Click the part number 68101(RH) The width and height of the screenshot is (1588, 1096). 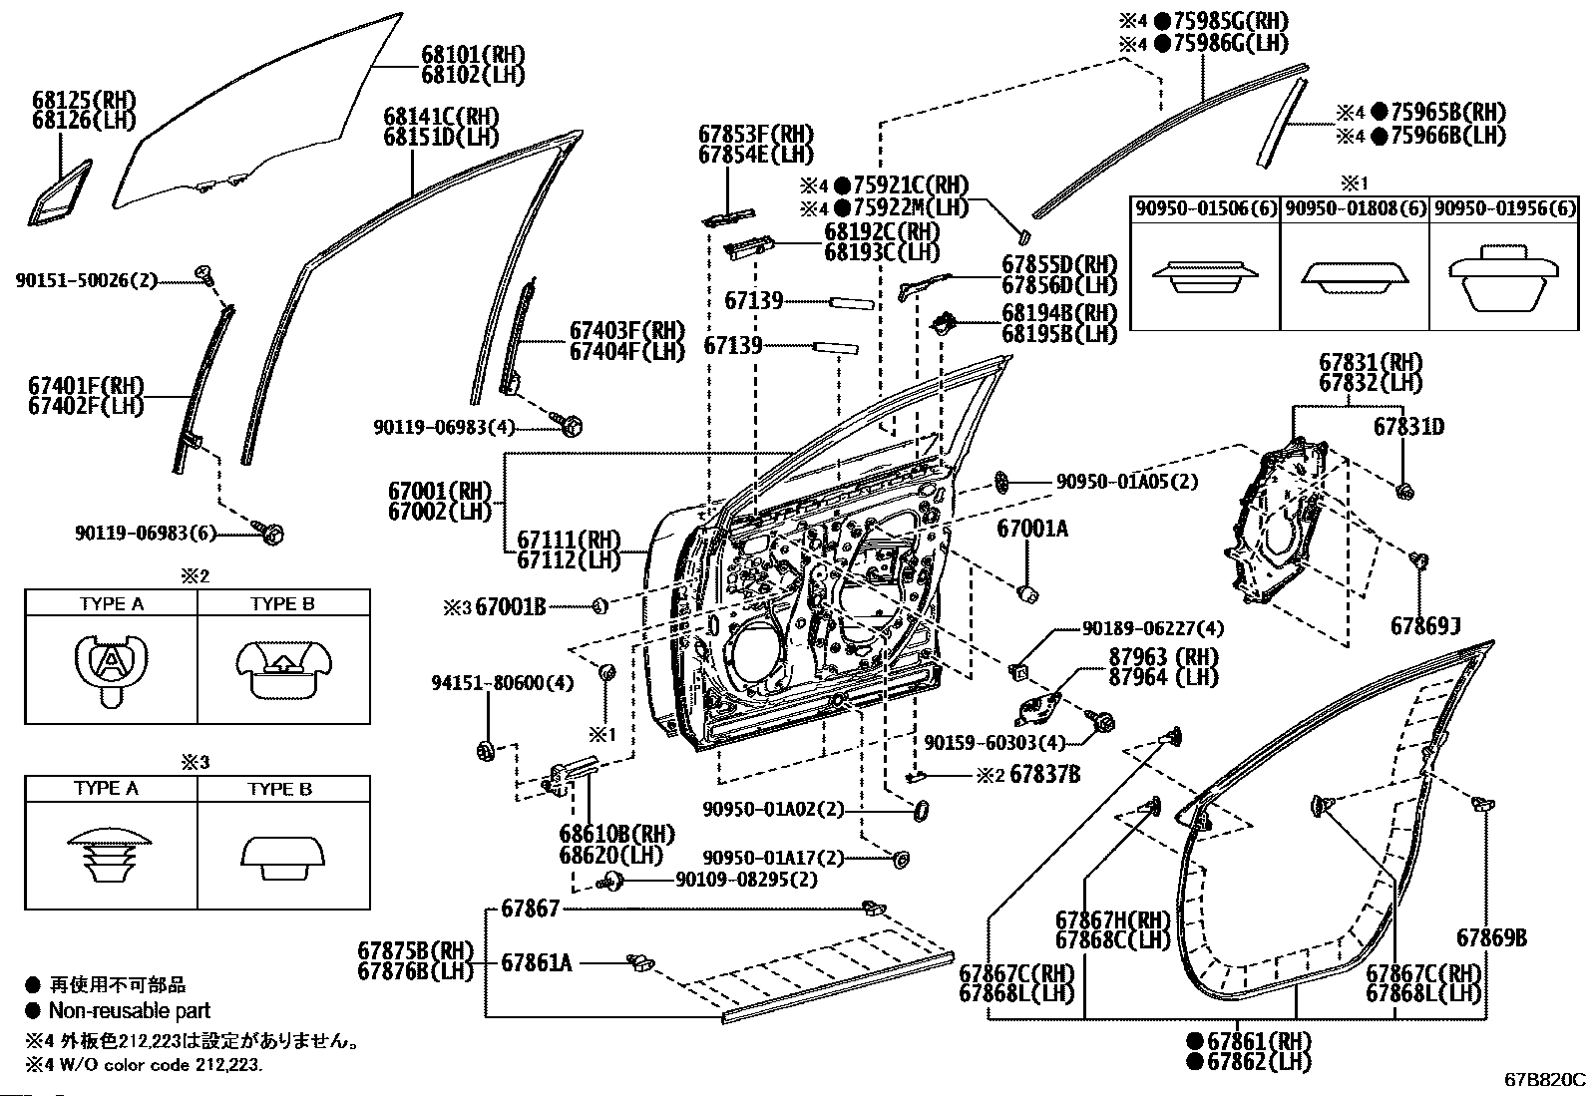click(473, 55)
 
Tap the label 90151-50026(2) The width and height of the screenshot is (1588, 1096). click(87, 281)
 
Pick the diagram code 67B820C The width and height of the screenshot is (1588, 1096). click(1544, 1080)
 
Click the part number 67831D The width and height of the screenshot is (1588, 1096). click(1408, 427)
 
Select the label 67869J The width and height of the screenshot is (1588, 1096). click(1425, 626)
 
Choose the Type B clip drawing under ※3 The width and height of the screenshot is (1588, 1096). click(283, 859)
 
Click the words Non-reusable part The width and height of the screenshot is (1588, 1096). click(130, 1010)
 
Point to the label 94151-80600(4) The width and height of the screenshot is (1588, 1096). click(503, 683)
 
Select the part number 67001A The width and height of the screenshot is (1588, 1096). click(1032, 529)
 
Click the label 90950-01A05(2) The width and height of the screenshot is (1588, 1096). click(1127, 482)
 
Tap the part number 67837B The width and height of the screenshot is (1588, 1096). click(1045, 774)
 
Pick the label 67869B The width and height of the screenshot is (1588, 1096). click(1491, 937)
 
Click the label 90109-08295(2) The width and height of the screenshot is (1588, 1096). click(746, 880)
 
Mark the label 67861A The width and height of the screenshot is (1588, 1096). click(537, 963)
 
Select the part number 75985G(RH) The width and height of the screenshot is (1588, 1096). click(1231, 21)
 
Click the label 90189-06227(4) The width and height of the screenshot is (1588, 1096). click(1153, 629)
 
